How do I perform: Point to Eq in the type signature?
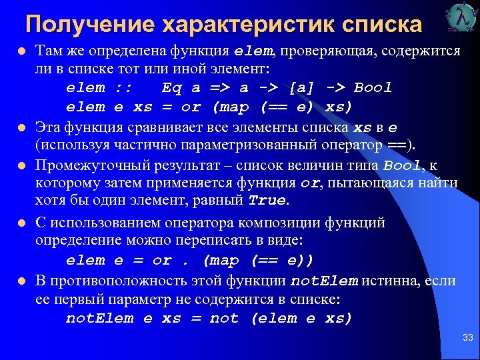tap(171, 88)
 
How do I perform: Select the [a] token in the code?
tap(297, 88)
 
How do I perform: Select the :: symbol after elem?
tap(123, 88)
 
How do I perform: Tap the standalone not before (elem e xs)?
tap(224, 319)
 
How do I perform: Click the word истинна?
tap(389, 281)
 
